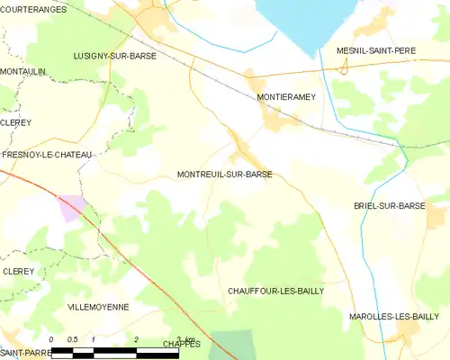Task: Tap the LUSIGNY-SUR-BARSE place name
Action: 114,55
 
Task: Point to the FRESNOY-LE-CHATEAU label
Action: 47,155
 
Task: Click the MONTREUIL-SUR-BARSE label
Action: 225,175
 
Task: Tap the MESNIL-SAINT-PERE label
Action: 375,50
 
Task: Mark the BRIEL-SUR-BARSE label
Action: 390,205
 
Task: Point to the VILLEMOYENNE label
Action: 98,307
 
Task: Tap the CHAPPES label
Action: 182,344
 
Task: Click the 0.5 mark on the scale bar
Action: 72,339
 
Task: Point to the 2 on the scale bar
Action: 135,339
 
